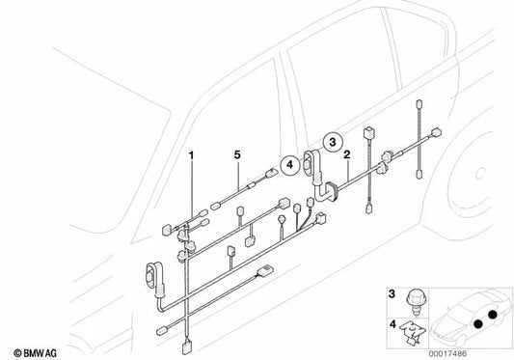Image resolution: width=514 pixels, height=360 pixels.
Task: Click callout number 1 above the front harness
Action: [x=192, y=154]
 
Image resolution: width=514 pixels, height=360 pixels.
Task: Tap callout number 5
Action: [x=236, y=154]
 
